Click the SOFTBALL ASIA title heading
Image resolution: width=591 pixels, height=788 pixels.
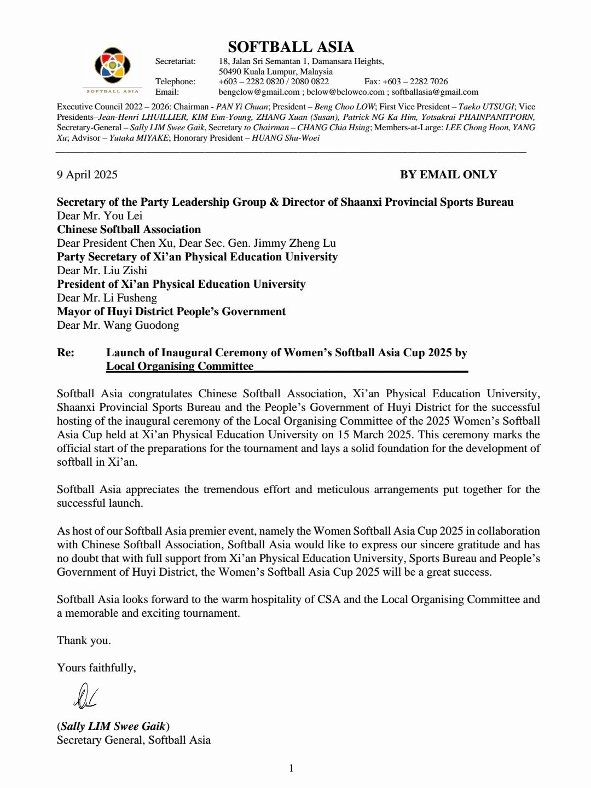pyautogui.click(x=291, y=47)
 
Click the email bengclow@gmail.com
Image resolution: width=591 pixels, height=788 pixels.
pyautogui.click(x=259, y=92)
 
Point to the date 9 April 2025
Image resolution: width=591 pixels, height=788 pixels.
pyautogui.click(x=87, y=175)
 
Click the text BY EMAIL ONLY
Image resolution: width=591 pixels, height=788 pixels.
pyautogui.click(x=448, y=175)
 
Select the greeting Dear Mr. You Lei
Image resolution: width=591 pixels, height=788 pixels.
pyautogui.click(x=100, y=216)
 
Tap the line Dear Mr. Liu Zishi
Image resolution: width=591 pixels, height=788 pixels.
pyautogui.click(x=102, y=270)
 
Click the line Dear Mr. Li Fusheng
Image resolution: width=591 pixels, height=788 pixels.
pyautogui.click(x=107, y=298)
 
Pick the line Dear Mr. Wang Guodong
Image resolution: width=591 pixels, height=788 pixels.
pyautogui.click(x=118, y=325)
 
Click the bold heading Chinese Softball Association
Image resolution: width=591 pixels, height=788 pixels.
pyautogui.click(x=129, y=229)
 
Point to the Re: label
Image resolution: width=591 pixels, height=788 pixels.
pyautogui.click(x=66, y=352)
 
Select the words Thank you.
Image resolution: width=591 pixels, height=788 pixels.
pyautogui.click(x=84, y=640)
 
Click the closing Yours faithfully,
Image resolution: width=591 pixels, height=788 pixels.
pyautogui.click(x=96, y=668)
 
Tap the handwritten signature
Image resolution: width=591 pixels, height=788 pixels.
pyautogui.click(x=84, y=694)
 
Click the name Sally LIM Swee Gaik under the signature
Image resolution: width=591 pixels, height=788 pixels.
pyautogui.click(x=113, y=726)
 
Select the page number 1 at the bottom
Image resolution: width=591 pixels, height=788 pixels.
pyautogui.click(x=291, y=768)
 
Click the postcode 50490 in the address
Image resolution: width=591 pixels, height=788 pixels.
pyautogui.click(x=230, y=72)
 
